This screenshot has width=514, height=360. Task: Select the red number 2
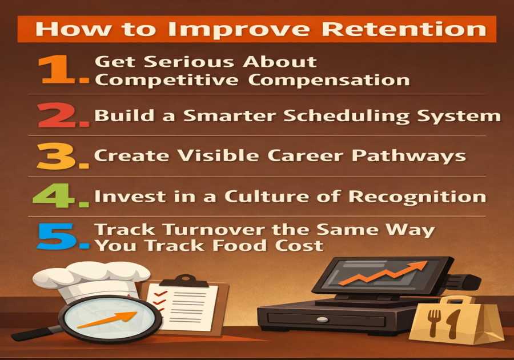pyautogui.click(x=61, y=116)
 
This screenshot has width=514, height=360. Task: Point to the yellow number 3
pyautogui.click(x=61, y=156)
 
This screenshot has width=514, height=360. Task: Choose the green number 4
pyautogui.click(x=61, y=197)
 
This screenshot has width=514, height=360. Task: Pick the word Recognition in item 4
pyautogui.click(x=417, y=197)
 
